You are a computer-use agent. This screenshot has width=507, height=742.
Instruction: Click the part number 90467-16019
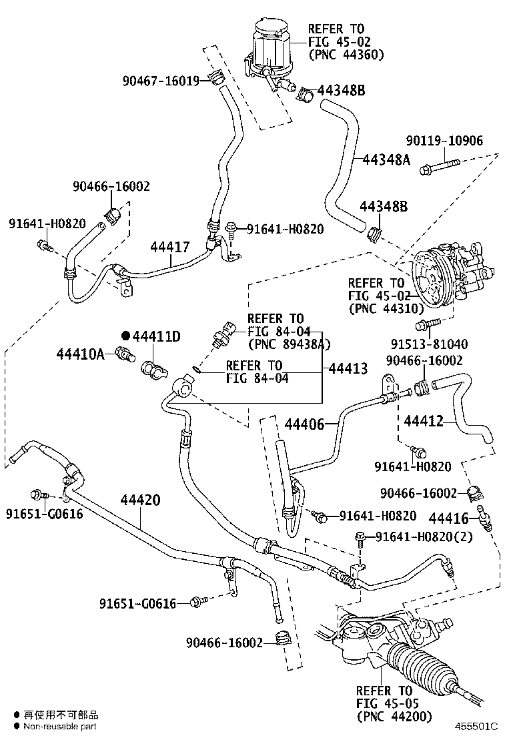161,81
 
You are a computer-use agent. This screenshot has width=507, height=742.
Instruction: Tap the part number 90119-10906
445,140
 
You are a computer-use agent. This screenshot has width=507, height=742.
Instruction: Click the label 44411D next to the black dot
156,336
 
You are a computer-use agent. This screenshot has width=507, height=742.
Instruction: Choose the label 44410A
80,354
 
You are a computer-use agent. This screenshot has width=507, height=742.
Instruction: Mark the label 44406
304,424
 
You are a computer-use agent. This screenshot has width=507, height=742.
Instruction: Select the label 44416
449,517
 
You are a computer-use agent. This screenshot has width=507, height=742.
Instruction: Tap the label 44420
141,500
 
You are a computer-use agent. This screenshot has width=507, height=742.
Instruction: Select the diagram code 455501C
477,726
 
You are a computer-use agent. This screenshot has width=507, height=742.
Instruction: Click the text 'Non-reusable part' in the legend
60,727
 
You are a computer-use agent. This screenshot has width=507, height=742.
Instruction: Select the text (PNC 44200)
394,716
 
